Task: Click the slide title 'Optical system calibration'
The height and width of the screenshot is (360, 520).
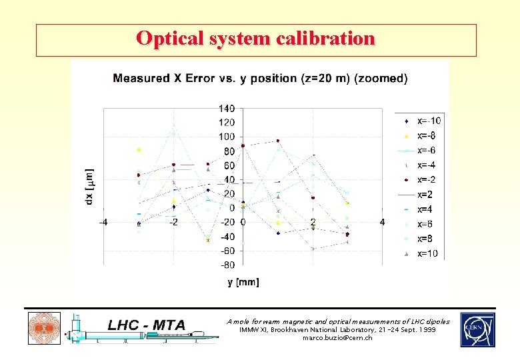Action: [256, 39]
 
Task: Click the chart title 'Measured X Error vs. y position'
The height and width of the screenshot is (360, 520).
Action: [260, 78]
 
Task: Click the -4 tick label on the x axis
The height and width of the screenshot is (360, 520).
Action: [103, 221]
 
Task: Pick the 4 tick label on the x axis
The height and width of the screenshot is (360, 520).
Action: [382, 221]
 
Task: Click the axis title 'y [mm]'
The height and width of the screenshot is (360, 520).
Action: [243, 282]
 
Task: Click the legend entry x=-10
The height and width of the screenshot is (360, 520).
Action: [427, 121]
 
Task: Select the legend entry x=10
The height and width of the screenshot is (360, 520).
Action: [427, 253]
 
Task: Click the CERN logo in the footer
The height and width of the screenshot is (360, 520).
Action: [477, 329]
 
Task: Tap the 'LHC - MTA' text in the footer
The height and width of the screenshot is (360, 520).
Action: [146, 325]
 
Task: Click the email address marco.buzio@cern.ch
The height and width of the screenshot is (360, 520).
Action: [338, 338]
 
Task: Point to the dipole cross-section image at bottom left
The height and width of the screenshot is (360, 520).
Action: [43, 329]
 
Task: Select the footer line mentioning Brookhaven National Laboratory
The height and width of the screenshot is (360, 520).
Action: [338, 330]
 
